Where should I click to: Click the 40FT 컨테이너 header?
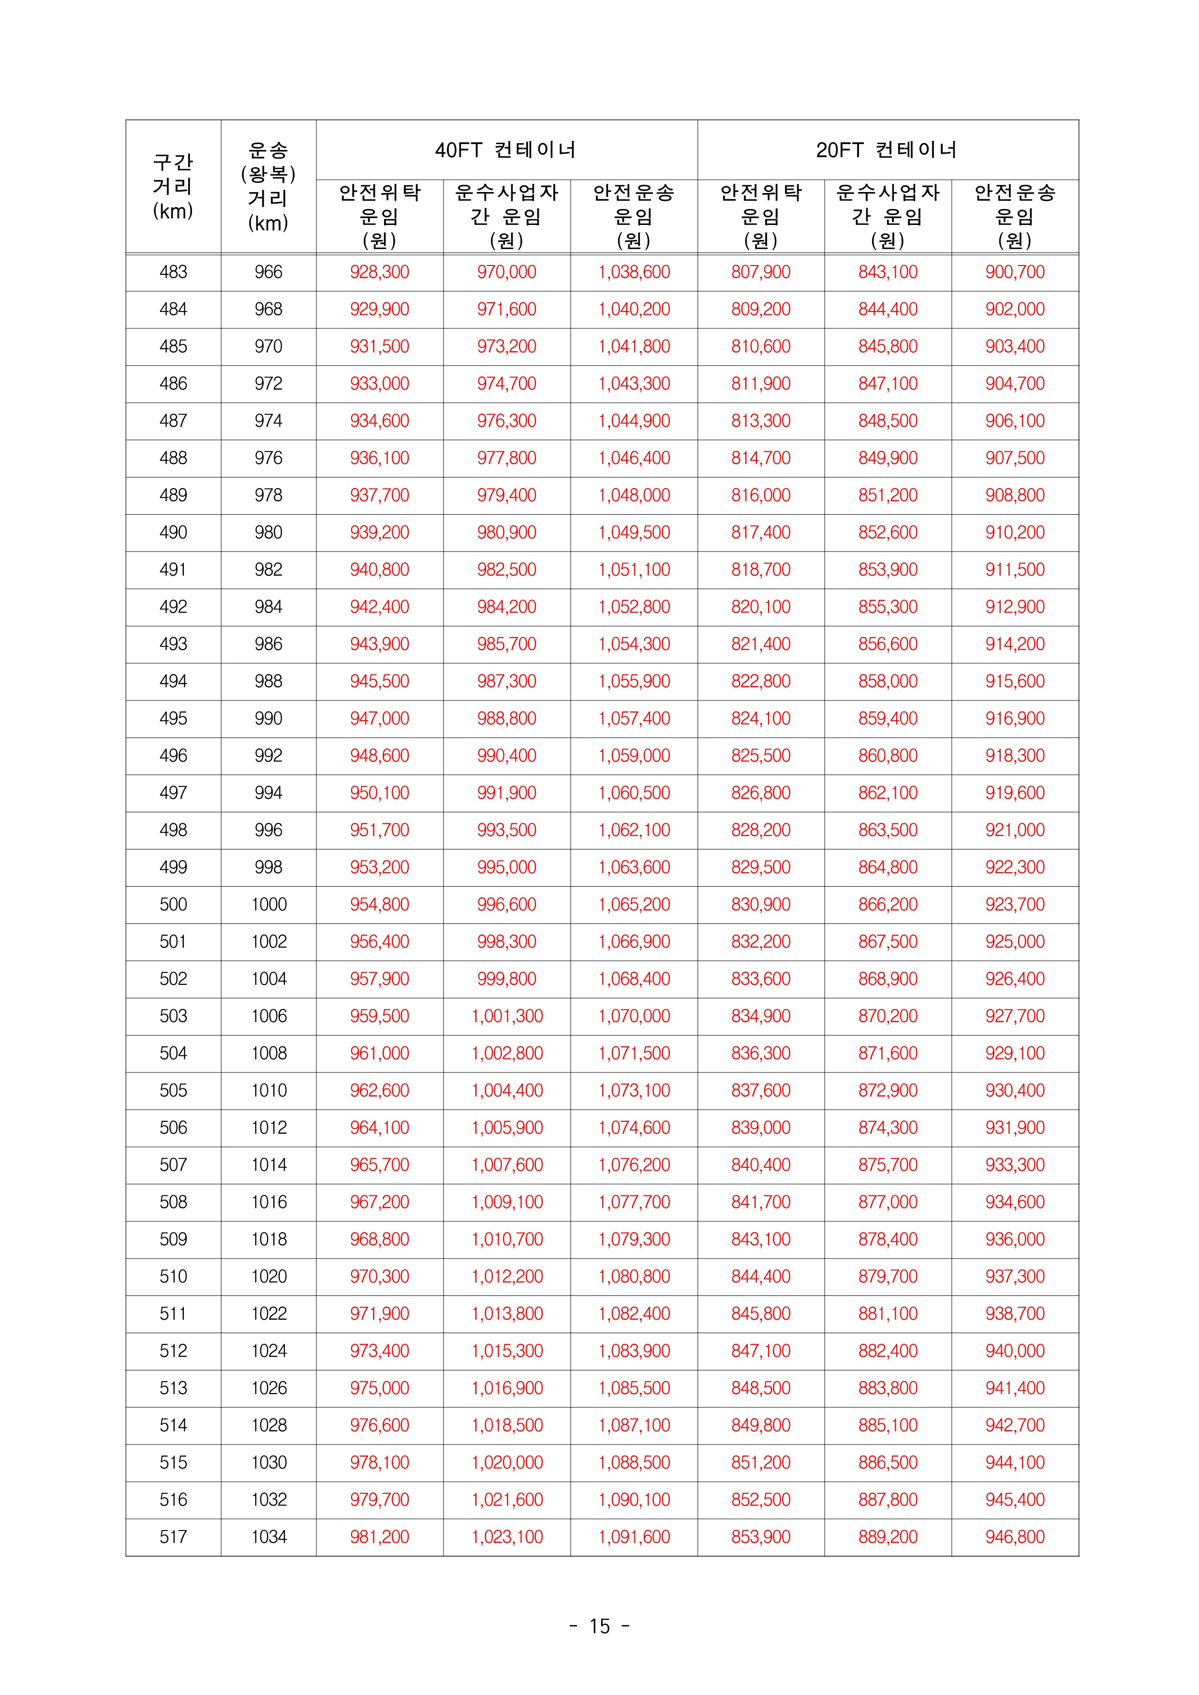pyautogui.click(x=506, y=150)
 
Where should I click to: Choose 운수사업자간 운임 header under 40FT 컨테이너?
pyautogui.click(x=506, y=216)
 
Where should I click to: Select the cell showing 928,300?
pyautogui.click(x=380, y=272)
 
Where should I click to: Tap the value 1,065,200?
pyautogui.click(x=634, y=905)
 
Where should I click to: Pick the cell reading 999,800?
pyautogui.click(x=506, y=979)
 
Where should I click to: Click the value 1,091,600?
pyautogui.click(x=634, y=1537)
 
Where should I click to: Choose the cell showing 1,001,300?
pyautogui.click(x=506, y=1016)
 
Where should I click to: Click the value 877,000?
pyautogui.click(x=888, y=1202)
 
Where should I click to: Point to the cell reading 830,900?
pyautogui.click(x=760, y=905)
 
